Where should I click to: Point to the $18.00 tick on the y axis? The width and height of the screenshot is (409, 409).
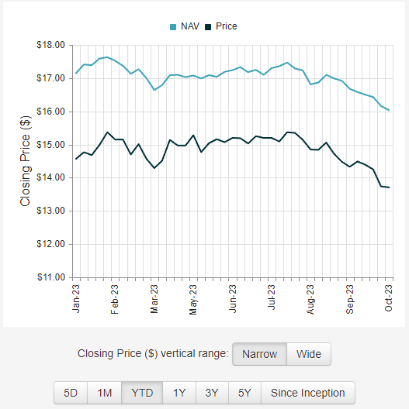tap(50, 45)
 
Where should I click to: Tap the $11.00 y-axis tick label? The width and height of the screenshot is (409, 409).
tap(50, 277)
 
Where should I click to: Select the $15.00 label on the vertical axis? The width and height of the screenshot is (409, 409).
tap(50, 145)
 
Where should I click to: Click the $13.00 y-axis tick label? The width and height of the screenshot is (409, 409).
tap(50, 211)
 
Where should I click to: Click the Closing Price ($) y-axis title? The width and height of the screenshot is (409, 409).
tap(26, 161)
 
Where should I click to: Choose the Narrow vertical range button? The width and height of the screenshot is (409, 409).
tap(259, 354)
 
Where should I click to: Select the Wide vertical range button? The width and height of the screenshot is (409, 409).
tap(309, 354)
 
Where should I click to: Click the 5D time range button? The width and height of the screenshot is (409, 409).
tap(71, 393)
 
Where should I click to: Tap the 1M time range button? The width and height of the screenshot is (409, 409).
tap(105, 393)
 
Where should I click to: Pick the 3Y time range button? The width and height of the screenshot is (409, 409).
tap(212, 393)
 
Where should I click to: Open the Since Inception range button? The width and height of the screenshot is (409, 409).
tap(308, 393)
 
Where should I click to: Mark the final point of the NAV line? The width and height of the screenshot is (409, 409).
tap(389, 110)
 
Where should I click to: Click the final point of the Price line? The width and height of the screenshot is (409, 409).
tap(389, 187)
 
